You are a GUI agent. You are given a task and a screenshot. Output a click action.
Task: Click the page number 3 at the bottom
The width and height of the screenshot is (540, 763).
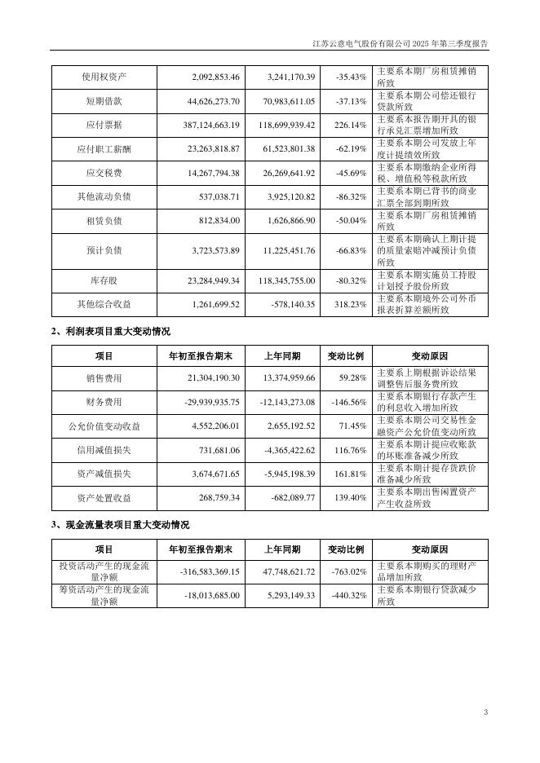coord(485,712)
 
